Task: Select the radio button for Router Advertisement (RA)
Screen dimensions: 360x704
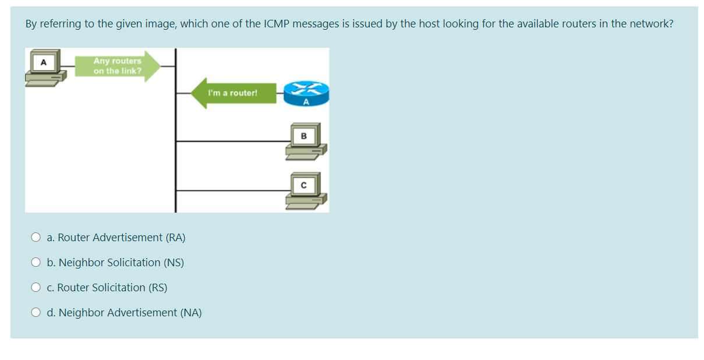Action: (36, 238)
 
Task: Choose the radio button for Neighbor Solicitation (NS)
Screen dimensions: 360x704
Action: (36, 263)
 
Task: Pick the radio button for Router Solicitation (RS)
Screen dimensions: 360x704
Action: (36, 288)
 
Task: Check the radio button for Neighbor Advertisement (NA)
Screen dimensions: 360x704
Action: (36, 313)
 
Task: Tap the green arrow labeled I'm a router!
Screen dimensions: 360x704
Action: (233, 93)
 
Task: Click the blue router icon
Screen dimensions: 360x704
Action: (306, 92)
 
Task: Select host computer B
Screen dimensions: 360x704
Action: (305, 140)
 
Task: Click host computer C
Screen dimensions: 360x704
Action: (305, 190)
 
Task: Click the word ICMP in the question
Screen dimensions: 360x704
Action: (277, 24)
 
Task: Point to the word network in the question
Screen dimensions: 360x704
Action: (649, 24)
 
